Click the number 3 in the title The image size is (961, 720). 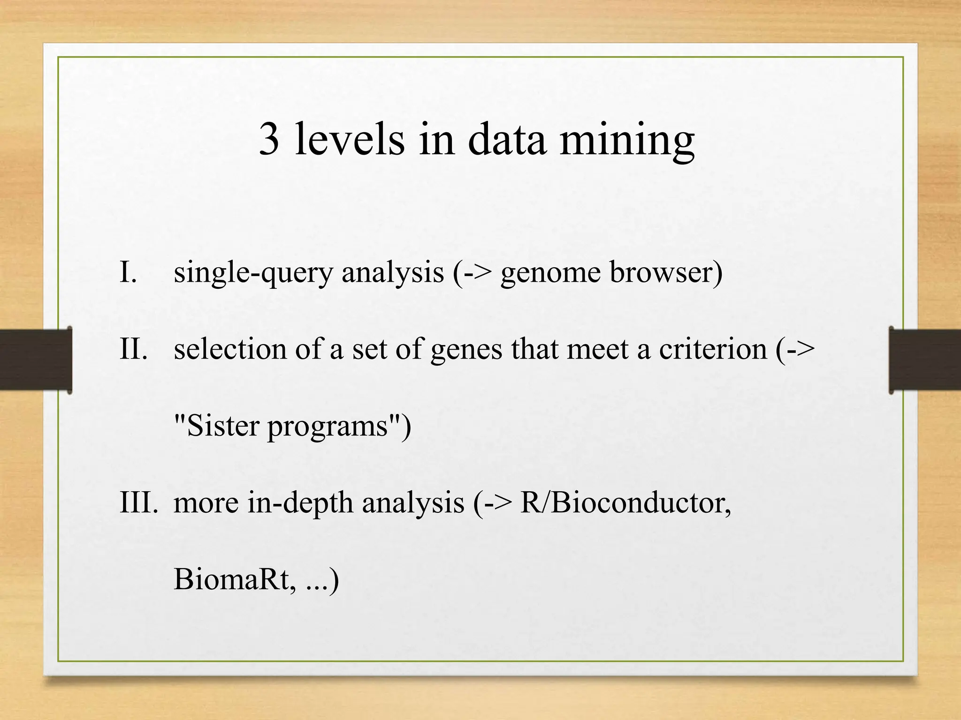tap(269, 139)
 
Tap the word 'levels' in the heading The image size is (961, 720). tap(350, 139)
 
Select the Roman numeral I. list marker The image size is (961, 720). tap(128, 272)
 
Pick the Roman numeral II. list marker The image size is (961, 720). tap(134, 349)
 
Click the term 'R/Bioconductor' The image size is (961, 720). tap(625, 503)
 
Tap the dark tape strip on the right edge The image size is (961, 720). tap(925, 360)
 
